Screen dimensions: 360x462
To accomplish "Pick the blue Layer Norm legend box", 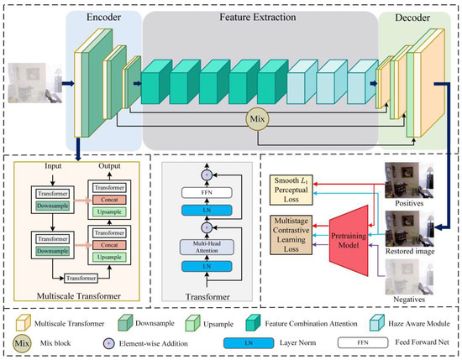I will pos(235,343).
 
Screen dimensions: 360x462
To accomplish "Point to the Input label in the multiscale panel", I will pos(37,165).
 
